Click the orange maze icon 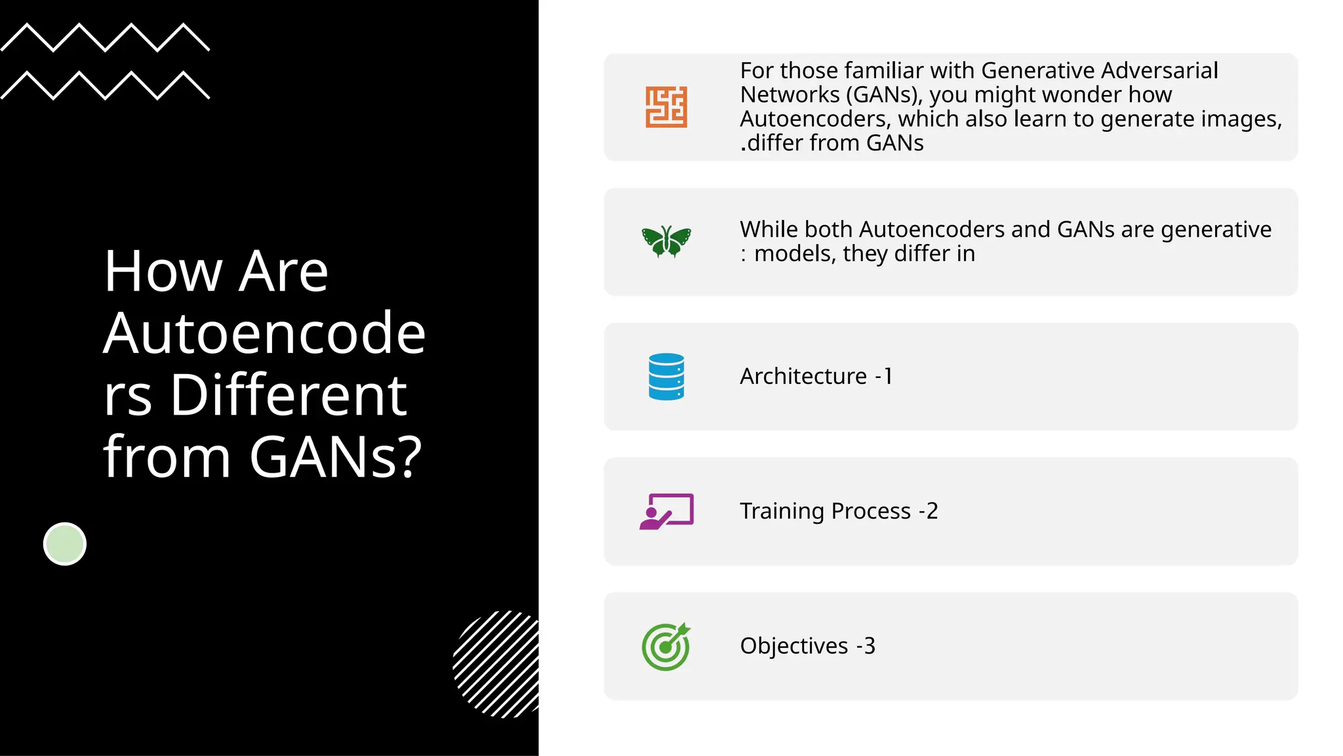click(x=666, y=107)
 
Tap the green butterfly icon click(x=666, y=241)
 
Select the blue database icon click(x=666, y=377)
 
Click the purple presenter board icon click(x=666, y=511)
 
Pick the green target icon click(x=666, y=646)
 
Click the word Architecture click(x=803, y=377)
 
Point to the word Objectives click(x=793, y=646)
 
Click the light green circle click(x=65, y=544)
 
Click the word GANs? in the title click(x=335, y=457)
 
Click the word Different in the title click(x=289, y=395)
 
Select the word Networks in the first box click(x=790, y=94)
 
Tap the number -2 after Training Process click(x=929, y=511)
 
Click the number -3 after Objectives click(x=866, y=646)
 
